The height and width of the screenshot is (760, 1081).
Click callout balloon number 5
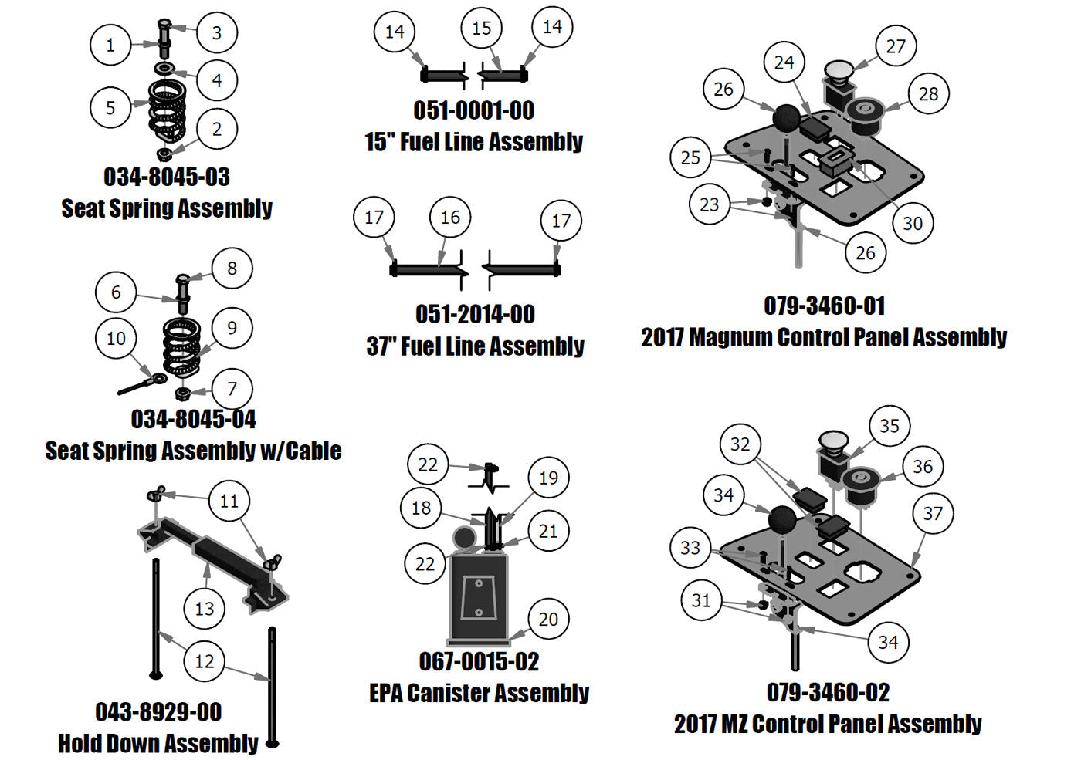[x=110, y=107]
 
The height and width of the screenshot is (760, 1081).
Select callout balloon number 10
[x=116, y=338]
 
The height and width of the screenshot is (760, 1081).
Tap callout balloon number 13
[x=204, y=609]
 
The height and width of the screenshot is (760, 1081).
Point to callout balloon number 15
[x=481, y=29]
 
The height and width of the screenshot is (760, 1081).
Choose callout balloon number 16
[x=450, y=218]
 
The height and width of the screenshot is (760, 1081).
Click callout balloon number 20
[x=548, y=619]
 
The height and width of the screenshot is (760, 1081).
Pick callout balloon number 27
[x=896, y=46]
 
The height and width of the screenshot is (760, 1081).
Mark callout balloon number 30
[x=913, y=224]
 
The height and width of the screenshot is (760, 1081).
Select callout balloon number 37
[x=933, y=513]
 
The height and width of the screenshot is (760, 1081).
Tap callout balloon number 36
[x=923, y=466]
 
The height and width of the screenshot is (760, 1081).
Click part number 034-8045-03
[x=167, y=177]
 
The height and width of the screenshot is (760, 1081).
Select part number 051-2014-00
[x=475, y=314]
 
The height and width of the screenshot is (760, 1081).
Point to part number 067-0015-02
[x=479, y=661]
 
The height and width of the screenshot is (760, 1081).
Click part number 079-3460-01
[x=824, y=306]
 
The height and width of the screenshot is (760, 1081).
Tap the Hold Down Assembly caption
[x=158, y=743]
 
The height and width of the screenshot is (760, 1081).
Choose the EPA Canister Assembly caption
[x=479, y=693]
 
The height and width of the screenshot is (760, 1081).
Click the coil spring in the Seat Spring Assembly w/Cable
[x=181, y=347]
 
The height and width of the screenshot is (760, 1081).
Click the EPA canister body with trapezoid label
[x=478, y=598]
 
